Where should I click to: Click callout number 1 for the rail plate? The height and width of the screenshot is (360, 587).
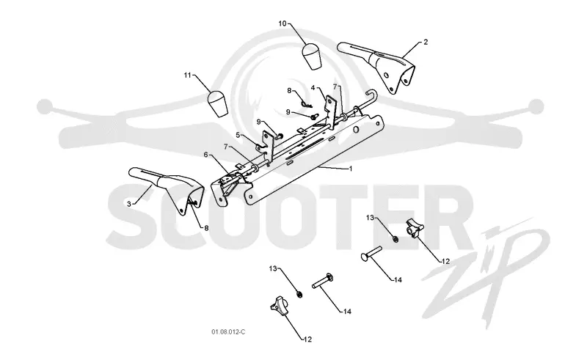tap(351, 169)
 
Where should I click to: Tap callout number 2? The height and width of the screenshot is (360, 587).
tap(426, 43)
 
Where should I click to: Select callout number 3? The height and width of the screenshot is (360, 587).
tap(129, 204)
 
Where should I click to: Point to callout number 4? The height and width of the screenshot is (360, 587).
tap(313, 87)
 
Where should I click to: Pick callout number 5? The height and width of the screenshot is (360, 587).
tap(238, 135)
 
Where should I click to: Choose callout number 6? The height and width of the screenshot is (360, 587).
tap(205, 155)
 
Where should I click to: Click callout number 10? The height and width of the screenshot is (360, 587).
tap(282, 23)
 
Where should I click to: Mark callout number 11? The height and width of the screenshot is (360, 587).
tap(187, 76)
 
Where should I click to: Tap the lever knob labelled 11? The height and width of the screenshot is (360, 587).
tap(217, 103)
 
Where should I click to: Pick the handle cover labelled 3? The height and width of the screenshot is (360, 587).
tap(167, 189)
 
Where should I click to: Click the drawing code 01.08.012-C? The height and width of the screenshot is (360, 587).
tap(228, 332)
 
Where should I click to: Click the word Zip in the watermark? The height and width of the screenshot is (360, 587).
tap(486, 273)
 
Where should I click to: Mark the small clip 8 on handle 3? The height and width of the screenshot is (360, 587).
tap(194, 203)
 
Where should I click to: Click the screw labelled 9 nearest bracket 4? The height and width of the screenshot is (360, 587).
tap(314, 116)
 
